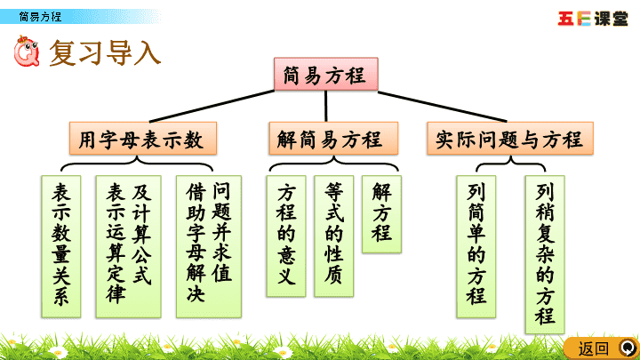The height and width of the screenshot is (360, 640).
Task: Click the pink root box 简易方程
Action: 325,74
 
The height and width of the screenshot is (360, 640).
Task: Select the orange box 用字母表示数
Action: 143,138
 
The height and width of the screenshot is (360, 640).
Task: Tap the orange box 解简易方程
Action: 333,138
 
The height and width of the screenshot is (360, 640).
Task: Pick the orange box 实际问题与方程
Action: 510,138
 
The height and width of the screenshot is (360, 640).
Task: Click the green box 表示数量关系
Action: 61,246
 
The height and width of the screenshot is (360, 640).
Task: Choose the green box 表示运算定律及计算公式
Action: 128,246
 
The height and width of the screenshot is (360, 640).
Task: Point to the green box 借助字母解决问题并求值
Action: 209,246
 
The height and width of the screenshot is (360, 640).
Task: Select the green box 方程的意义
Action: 286,236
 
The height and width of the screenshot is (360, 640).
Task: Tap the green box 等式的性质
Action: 333,236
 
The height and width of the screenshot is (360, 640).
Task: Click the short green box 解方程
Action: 381,214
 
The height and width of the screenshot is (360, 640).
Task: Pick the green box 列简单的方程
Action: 476,246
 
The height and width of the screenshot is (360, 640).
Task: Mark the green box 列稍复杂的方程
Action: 545,255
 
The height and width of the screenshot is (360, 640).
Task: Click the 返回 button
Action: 602,348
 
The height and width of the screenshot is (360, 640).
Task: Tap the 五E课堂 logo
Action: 593,19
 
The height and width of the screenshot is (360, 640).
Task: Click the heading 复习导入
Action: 105,52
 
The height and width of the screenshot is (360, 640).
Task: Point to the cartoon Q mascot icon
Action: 27,51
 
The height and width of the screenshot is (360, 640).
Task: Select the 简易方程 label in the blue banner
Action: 40,17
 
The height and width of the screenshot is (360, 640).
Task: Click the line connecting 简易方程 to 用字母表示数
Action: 212,106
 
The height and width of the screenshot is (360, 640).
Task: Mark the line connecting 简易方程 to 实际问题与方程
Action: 443,107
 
